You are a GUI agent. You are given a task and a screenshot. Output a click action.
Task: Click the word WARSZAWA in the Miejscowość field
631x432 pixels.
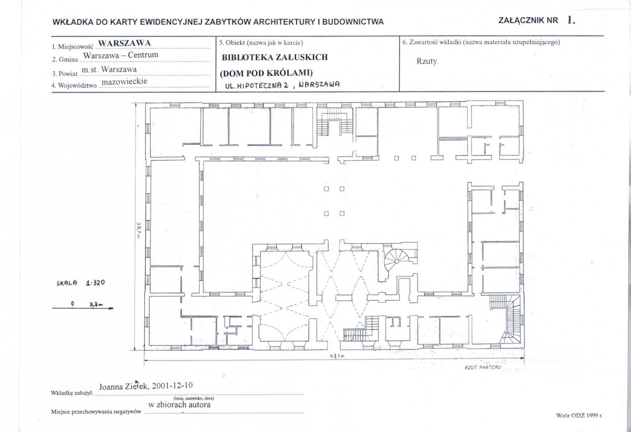[x=124, y=43]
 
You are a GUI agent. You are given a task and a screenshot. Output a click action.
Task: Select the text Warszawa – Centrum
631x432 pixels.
[x=121, y=55]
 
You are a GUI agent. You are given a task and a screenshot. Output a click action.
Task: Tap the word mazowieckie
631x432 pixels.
[x=125, y=81]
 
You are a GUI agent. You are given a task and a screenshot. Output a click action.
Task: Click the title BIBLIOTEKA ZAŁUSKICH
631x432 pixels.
[x=275, y=57]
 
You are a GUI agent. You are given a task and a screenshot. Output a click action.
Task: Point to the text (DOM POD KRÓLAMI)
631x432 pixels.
[x=266, y=73]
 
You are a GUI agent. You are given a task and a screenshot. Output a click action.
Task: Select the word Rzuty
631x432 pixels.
[x=427, y=62]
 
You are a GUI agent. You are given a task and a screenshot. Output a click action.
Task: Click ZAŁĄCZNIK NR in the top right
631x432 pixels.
[x=528, y=21]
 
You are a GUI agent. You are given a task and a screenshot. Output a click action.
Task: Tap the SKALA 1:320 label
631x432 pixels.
[x=81, y=282]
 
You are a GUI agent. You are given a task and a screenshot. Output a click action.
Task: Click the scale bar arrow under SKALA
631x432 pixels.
[x=83, y=308]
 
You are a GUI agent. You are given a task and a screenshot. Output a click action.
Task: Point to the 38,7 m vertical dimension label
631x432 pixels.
[x=138, y=230]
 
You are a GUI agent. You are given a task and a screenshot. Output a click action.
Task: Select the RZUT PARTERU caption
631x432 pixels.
[x=483, y=367]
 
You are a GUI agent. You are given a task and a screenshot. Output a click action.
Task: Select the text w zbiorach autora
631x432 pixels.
[x=180, y=405]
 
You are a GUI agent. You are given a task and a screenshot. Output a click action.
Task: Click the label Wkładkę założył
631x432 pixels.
[x=72, y=392]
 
